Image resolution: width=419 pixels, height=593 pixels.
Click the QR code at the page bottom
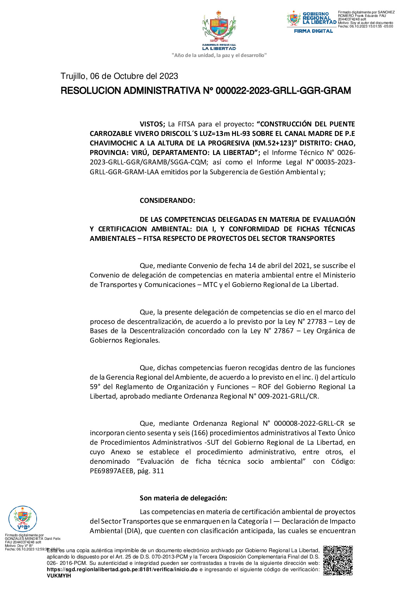tap(338, 560)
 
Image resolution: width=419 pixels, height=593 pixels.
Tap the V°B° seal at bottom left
tap(23, 519)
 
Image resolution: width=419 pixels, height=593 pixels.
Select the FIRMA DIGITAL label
tap(313, 31)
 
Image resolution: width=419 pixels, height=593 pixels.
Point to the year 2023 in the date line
tap(169, 76)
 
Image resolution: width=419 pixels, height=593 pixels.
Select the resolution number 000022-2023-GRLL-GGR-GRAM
tap(283, 91)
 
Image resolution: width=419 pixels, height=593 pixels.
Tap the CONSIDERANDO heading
tap(167, 200)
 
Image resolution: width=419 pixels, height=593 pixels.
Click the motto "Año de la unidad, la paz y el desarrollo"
tap(219, 55)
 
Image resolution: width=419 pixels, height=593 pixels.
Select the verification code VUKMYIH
tap(59, 576)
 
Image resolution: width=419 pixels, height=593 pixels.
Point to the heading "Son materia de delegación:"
tap(183, 498)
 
